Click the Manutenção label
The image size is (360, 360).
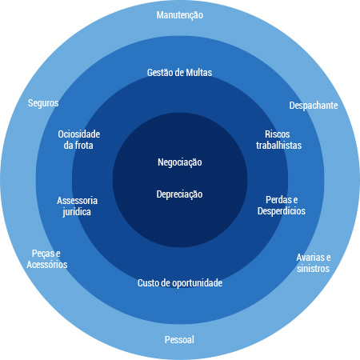[180, 15]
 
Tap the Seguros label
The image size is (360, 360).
[43, 103]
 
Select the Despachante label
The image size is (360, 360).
[314, 106]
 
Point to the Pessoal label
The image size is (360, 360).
[179, 340]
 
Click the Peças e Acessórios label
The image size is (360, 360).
[47, 259]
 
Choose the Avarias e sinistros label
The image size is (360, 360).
[314, 263]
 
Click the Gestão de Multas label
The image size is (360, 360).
[179, 73]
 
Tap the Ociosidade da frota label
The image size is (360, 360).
[78, 140]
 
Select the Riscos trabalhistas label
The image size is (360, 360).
[278, 140]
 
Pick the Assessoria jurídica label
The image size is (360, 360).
[77, 206]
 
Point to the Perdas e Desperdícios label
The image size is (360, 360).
[282, 206]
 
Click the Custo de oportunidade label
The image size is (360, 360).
[180, 283]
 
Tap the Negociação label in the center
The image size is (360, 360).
[180, 162]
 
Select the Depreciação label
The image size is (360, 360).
[179, 194]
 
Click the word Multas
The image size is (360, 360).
[199, 73]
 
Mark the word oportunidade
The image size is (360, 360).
[197, 283]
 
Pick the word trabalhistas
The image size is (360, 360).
[278, 146]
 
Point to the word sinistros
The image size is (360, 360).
[313, 269]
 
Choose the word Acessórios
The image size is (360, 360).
[47, 265]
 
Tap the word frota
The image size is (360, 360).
[85, 146]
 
